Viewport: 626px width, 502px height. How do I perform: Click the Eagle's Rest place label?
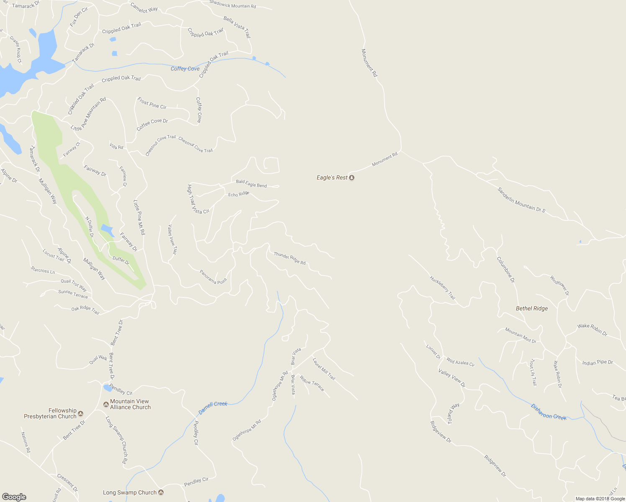tap(332, 178)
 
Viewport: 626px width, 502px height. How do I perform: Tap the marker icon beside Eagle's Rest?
tap(351, 178)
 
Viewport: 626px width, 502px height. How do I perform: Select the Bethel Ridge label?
tap(531, 308)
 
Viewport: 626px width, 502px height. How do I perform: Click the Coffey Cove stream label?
tap(185, 69)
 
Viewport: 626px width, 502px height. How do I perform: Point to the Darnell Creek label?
tap(213, 407)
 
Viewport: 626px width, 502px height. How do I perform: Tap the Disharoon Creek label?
tap(548, 412)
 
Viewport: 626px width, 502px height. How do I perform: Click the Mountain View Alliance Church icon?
tap(106, 404)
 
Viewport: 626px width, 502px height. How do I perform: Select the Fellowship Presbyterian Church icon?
tap(81, 414)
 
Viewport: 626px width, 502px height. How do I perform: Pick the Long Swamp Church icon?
tap(161, 492)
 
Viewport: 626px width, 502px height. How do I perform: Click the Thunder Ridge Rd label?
tap(290, 258)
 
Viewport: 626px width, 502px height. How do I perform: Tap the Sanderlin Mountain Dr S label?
tap(521, 200)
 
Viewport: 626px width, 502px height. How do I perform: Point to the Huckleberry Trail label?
tap(442, 287)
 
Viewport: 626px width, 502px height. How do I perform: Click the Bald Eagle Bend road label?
tap(251, 183)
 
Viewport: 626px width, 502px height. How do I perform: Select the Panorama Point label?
tap(213, 277)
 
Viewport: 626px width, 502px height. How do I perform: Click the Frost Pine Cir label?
tap(152, 103)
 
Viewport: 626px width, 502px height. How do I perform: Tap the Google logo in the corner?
tap(14, 497)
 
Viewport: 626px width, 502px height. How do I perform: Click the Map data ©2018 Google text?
tap(600, 499)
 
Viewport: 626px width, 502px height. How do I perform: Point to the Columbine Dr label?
tap(505, 269)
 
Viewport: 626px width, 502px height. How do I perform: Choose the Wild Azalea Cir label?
tap(460, 362)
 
